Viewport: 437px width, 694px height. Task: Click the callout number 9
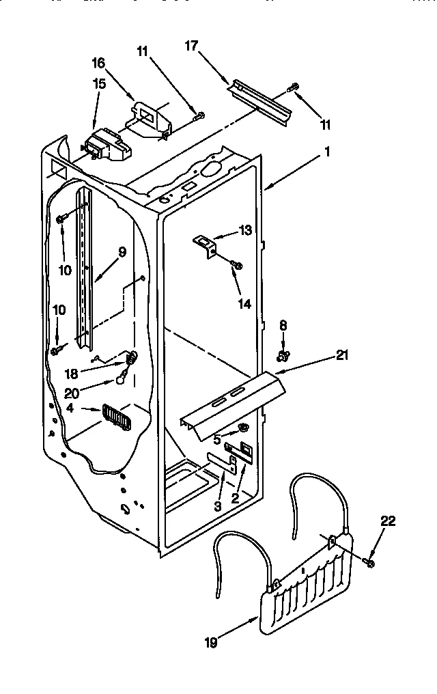point(122,252)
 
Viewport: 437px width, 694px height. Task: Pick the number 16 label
point(98,63)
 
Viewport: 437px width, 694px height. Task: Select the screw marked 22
point(369,562)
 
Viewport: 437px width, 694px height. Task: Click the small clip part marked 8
point(281,355)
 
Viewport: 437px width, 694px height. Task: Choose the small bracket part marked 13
point(203,244)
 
